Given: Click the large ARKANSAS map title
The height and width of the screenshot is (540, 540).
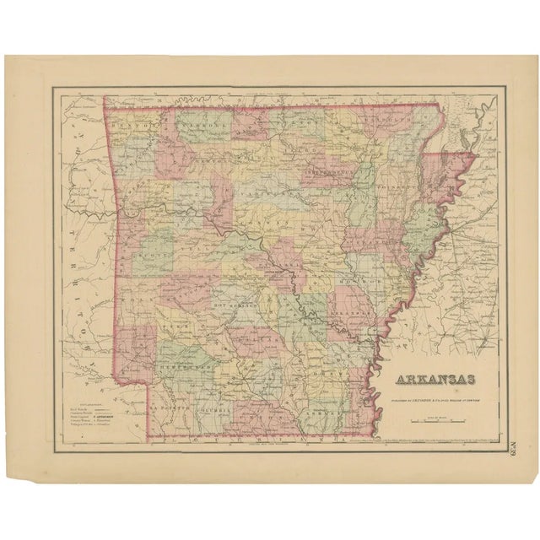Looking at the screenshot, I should [x=429, y=379].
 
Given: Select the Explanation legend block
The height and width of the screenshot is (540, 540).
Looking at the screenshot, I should [x=94, y=413].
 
